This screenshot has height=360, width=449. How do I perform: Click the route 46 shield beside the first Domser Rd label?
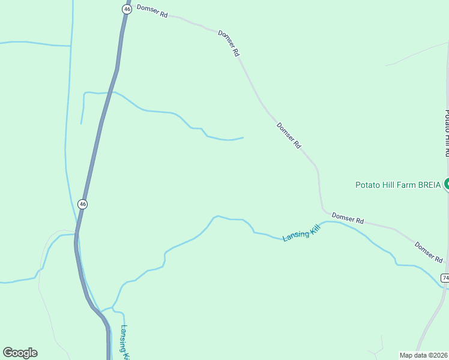click(x=126, y=9)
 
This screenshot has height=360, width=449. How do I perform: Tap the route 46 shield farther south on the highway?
click(x=83, y=204)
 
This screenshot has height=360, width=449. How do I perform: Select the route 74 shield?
click(x=445, y=277)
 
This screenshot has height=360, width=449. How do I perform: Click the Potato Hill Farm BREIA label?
click(x=397, y=184)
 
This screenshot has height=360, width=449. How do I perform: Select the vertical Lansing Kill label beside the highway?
click(x=125, y=342)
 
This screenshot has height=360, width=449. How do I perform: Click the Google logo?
click(x=20, y=353)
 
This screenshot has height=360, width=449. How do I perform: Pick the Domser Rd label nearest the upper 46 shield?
click(x=152, y=11)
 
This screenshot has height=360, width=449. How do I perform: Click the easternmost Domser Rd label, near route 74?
click(x=429, y=251)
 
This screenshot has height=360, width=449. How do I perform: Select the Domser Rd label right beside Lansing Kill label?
click(x=348, y=218)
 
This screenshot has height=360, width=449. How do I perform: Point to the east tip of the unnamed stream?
click(x=243, y=137)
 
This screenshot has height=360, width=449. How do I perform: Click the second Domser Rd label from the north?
click(x=229, y=43)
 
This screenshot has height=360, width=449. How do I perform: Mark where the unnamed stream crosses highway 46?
click(x=108, y=92)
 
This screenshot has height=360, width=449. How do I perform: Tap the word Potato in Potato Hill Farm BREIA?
click(x=367, y=184)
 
